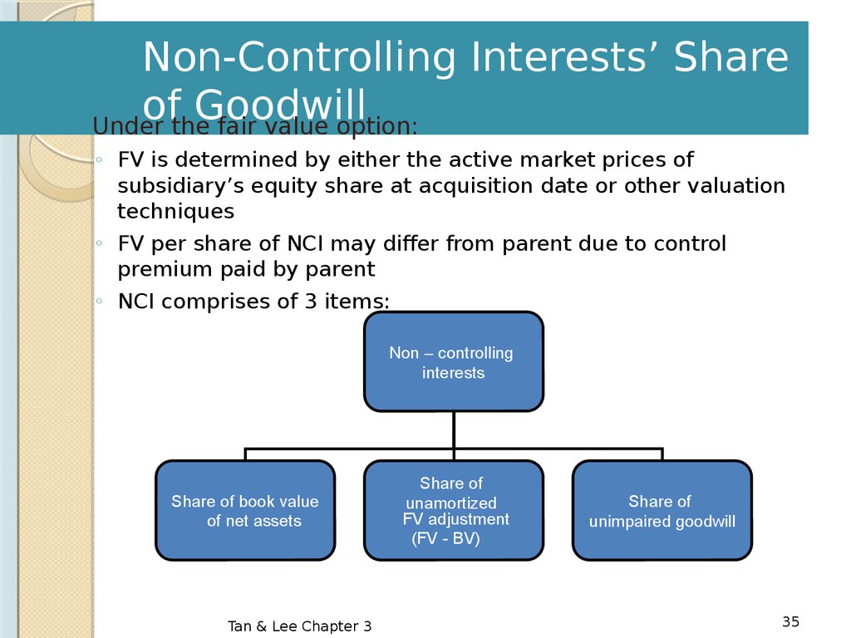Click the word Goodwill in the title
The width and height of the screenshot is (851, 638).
(280, 105)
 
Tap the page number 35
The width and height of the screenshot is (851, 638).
(791, 621)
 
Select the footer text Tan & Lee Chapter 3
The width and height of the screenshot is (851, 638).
(299, 626)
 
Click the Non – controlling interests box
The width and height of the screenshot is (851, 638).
(453, 361)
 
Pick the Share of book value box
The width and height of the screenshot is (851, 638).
(245, 511)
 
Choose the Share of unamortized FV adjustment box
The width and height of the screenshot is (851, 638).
(453, 511)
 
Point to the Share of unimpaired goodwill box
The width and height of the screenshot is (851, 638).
(662, 511)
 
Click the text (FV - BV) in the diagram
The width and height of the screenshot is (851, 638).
(445, 538)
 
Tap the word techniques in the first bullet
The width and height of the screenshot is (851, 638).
(176, 211)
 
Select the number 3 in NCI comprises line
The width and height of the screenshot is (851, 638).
(311, 301)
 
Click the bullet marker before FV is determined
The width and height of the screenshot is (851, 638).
(99, 160)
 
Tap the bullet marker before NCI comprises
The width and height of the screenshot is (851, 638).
(99, 301)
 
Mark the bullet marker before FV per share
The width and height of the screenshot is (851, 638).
(99, 243)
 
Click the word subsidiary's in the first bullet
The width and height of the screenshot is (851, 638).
(180, 186)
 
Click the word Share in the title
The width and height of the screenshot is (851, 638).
(730, 56)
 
